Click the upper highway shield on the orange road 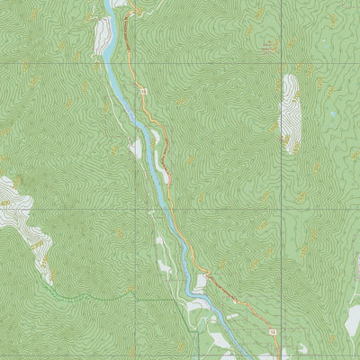click(142, 92)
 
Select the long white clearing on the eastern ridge click(290, 112)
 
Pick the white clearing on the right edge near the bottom click(353, 317)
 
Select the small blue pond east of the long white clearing click(330, 114)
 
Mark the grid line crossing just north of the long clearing click(281, 65)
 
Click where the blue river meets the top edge click(109, 2)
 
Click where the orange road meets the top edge click(129, 2)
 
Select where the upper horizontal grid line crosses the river click(112, 65)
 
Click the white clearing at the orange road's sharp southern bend click(200, 281)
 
